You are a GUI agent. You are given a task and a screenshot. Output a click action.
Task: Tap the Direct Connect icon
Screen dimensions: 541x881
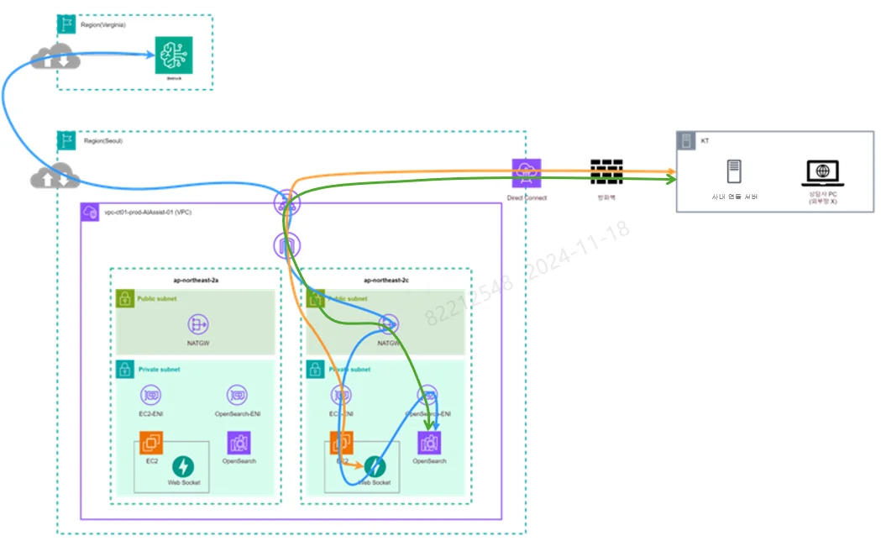(527, 173)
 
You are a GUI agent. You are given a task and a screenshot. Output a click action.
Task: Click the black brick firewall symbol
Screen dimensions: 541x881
(606, 172)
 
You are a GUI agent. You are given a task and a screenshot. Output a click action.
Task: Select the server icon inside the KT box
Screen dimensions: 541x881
(733, 172)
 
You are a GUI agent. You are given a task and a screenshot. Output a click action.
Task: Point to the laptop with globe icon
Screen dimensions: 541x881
(822, 173)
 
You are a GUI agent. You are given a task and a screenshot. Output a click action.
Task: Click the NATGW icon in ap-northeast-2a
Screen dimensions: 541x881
(199, 324)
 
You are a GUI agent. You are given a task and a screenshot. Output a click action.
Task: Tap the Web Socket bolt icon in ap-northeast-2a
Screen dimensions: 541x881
(183, 466)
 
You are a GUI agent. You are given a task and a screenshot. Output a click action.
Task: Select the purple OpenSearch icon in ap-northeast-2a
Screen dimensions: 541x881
(239, 443)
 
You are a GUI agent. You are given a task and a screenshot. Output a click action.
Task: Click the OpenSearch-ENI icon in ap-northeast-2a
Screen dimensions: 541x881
(237, 395)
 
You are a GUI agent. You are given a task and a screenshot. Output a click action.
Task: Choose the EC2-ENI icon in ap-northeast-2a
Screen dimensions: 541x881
(151, 395)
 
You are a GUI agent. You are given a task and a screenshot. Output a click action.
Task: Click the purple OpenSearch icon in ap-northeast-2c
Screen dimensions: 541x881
(429, 443)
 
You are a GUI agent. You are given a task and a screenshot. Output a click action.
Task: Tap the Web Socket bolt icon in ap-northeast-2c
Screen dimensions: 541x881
(375, 466)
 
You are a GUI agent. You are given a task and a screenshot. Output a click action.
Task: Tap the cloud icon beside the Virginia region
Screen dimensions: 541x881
(55, 59)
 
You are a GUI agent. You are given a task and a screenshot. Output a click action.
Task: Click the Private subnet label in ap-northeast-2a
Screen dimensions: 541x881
(159, 369)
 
